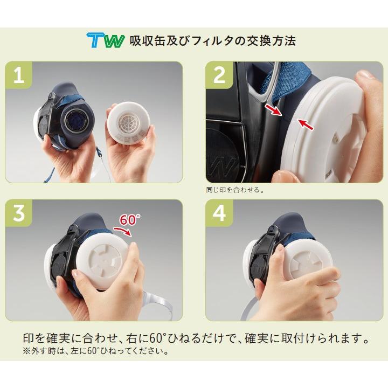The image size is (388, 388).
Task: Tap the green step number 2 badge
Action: tap(219, 76)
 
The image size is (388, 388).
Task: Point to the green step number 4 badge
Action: tap(219, 214)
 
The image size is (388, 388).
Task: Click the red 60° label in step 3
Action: tap(130, 220)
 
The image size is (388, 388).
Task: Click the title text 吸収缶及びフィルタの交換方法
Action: tap(212, 41)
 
